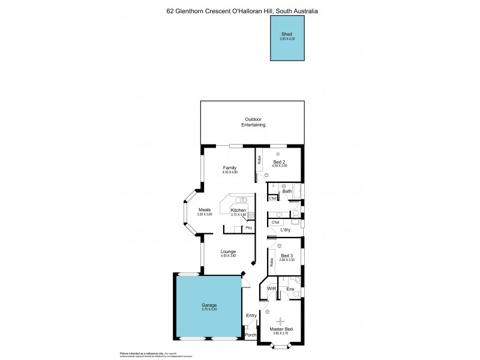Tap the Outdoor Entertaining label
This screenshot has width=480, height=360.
click(253, 122)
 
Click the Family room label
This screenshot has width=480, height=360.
click(230, 167)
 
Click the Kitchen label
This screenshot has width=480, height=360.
click(239, 209)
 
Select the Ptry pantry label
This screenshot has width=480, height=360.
click(248, 228)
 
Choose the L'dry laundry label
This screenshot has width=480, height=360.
click(285, 230)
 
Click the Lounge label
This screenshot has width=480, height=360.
click(228, 251)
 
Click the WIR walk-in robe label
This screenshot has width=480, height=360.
click(272, 289)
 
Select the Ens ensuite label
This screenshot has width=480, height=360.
click(290, 289)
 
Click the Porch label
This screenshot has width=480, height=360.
click(250, 335)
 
